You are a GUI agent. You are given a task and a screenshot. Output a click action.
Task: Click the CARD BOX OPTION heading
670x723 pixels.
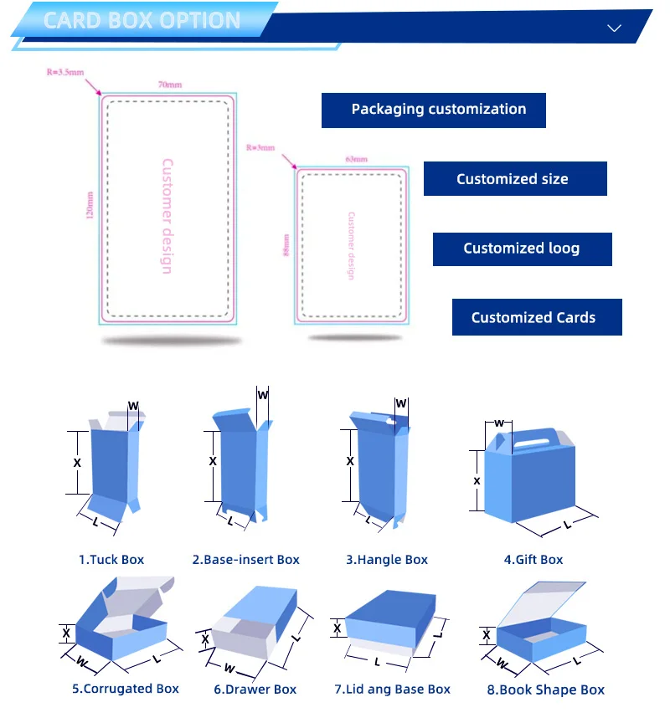pyautogui.click(x=142, y=20)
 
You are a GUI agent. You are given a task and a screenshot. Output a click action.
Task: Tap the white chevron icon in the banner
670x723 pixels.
pyautogui.click(x=614, y=28)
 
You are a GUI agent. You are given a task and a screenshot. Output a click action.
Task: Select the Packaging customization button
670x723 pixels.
pyautogui.click(x=434, y=110)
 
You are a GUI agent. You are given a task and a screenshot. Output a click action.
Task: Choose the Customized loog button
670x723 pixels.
pyautogui.click(x=522, y=249)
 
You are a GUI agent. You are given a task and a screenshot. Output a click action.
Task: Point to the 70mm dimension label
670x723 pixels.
pyautogui.click(x=169, y=85)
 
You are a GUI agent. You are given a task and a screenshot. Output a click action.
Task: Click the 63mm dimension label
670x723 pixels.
pyautogui.click(x=356, y=159)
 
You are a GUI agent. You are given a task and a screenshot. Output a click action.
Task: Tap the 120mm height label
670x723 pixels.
pyautogui.click(x=89, y=206)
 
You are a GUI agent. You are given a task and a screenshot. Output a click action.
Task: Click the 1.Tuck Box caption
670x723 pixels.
pyautogui.click(x=111, y=560)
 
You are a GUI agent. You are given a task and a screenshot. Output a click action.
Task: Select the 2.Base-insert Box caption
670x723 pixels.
pyautogui.click(x=245, y=560)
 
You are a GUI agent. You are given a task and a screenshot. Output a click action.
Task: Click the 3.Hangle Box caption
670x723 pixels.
pyautogui.click(x=387, y=560)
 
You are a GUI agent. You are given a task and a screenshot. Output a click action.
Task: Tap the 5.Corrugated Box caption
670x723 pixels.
pyautogui.click(x=126, y=689)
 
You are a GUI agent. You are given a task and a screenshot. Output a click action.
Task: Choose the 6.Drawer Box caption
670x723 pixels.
pyautogui.click(x=255, y=690)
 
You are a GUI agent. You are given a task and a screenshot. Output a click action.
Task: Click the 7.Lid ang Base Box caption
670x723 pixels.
pyautogui.click(x=392, y=690)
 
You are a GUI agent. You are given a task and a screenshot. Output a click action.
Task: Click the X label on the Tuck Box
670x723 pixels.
pyautogui.click(x=78, y=463)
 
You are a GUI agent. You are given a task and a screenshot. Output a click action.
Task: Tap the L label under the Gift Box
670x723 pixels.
pyautogui.click(x=567, y=525)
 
